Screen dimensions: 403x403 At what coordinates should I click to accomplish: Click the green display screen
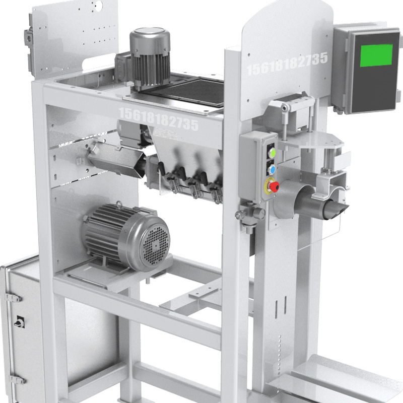click(x=376, y=55)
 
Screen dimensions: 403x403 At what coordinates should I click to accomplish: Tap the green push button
click(x=272, y=153)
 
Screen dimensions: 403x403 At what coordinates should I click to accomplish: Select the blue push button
click(x=272, y=170)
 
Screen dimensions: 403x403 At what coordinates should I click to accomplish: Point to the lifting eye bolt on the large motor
click(x=119, y=205)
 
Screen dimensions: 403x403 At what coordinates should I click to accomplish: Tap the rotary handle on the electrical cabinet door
click(x=19, y=321)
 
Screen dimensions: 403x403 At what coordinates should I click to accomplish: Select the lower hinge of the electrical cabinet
click(x=17, y=379)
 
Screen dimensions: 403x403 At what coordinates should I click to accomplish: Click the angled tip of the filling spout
click(x=339, y=210)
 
